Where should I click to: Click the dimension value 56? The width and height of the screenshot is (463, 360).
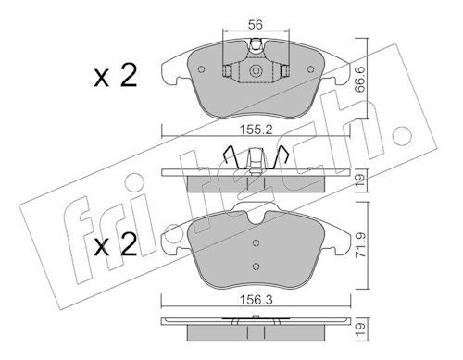point(256,24)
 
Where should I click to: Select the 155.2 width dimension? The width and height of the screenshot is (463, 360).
point(257,130)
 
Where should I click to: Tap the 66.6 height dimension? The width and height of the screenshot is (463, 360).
point(360,80)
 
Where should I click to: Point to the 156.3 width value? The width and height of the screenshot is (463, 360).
point(257,300)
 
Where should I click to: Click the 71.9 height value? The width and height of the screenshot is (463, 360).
point(361,245)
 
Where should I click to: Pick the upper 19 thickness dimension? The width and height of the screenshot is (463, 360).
point(361,180)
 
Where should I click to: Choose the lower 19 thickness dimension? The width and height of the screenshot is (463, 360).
point(361,330)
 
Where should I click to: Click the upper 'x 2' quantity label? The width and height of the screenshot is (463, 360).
point(116,76)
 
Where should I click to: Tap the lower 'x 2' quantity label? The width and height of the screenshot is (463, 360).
point(116,244)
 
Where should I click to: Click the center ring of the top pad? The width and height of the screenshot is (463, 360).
point(256,71)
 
